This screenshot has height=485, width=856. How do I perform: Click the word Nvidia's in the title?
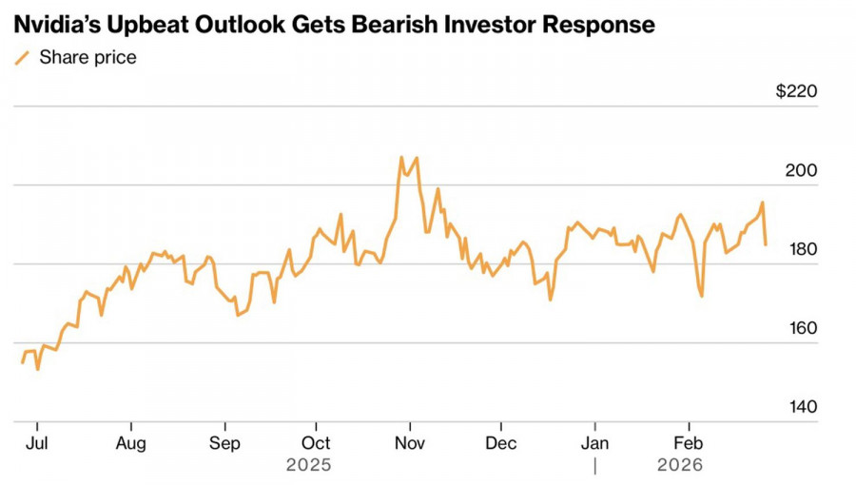pyautogui.click(x=59, y=25)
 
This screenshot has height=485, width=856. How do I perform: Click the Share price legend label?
pyautogui.click(x=88, y=57)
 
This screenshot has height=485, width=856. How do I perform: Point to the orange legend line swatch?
pyautogui.click(x=22, y=58)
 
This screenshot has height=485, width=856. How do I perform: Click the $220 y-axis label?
pyautogui.click(x=796, y=92)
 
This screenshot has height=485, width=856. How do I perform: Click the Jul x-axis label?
pyautogui.click(x=37, y=443)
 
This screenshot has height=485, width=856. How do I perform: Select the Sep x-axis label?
pyautogui.click(x=224, y=443)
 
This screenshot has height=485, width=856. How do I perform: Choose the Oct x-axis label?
pyautogui.click(x=316, y=443)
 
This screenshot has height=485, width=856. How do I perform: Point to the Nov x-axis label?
pyautogui.click(x=409, y=443)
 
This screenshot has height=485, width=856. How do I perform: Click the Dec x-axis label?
pyautogui.click(x=500, y=443)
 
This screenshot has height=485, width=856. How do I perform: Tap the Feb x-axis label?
pyautogui.click(x=688, y=443)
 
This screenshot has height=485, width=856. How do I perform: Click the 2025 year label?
pyautogui.click(x=308, y=465)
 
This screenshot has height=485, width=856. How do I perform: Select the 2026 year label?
pyautogui.click(x=679, y=465)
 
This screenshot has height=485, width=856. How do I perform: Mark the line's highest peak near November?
pyautogui.click(x=401, y=158)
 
